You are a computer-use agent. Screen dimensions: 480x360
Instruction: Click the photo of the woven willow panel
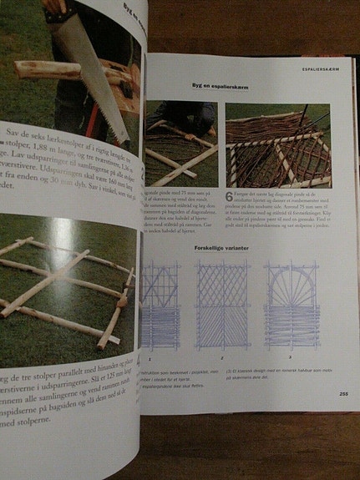click(x=277, y=145)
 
